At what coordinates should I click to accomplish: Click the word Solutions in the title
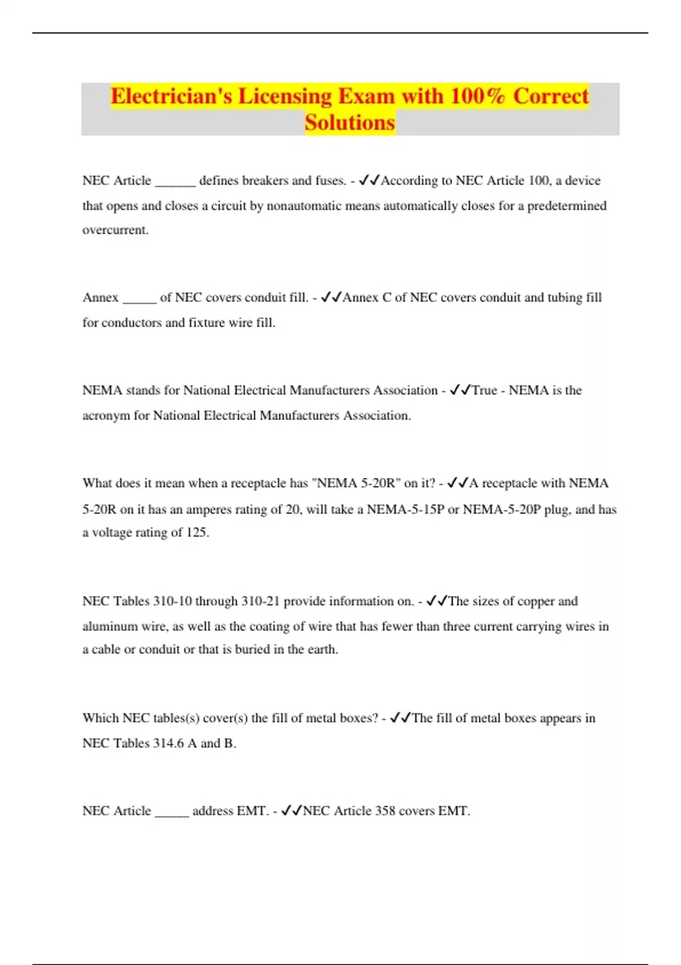click(x=350, y=122)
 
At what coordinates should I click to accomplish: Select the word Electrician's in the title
click(x=171, y=96)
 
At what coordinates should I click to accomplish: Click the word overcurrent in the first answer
click(x=115, y=230)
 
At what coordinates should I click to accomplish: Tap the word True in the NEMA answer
click(x=485, y=391)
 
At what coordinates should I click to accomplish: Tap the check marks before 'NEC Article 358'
click(x=291, y=811)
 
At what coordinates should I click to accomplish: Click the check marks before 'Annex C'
click(x=330, y=297)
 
